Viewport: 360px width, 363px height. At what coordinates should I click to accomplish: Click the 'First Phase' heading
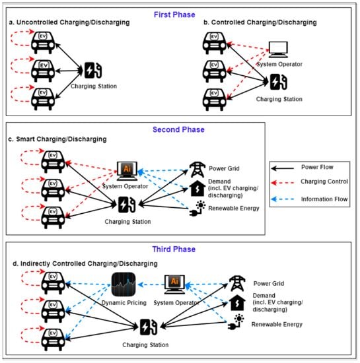pos(180,13)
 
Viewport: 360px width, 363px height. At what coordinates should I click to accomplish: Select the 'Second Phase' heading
pos(180,130)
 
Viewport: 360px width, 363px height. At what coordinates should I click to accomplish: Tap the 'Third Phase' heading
pos(180,250)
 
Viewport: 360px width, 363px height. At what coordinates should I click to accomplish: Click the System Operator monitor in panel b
pos(283,51)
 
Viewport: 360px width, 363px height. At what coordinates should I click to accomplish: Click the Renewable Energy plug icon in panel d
pos(237,323)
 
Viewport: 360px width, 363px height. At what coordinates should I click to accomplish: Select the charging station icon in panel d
pos(149,327)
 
